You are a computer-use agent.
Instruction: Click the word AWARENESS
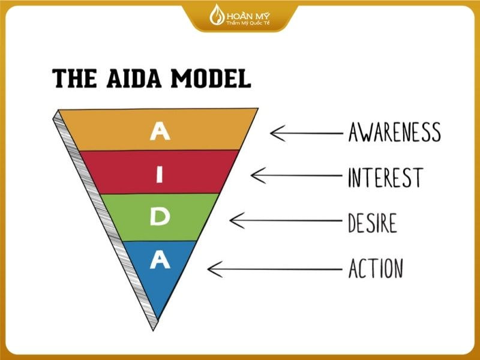(395, 132)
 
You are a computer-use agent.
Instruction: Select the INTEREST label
(386, 178)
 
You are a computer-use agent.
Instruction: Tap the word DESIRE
(372, 223)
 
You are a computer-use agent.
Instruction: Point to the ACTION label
(376, 268)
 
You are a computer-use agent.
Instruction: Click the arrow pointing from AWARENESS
(307, 133)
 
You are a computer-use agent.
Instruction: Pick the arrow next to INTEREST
(296, 175)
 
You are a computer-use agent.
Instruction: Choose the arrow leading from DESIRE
(286, 220)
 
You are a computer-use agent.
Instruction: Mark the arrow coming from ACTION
(275, 269)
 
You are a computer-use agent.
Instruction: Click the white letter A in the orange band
(160, 131)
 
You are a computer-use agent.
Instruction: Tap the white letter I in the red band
(159, 175)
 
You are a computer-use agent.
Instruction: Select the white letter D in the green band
(160, 217)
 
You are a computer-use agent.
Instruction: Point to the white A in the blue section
(160, 260)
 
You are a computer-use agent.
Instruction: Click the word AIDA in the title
(134, 79)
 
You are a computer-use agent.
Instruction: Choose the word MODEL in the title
(211, 79)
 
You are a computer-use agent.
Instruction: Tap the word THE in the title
(74, 79)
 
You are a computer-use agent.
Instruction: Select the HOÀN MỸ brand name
(248, 16)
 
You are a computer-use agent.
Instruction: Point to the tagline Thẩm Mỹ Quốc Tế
(248, 23)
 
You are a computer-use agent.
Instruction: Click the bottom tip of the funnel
(154, 331)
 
